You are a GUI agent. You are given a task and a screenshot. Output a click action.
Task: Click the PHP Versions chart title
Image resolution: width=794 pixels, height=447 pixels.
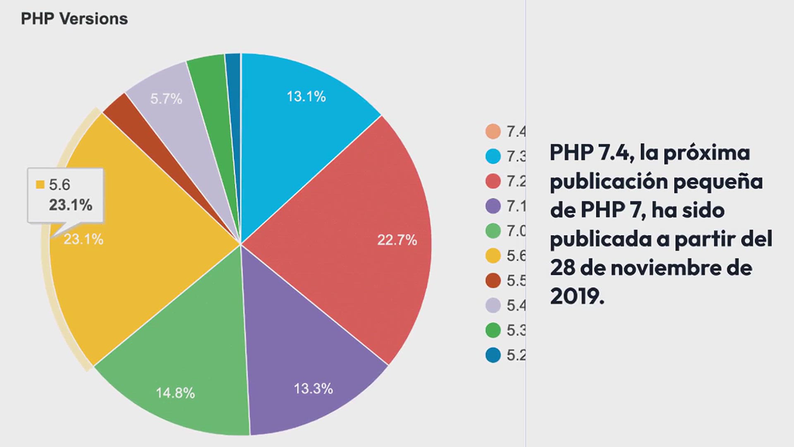pyautogui.click(x=74, y=19)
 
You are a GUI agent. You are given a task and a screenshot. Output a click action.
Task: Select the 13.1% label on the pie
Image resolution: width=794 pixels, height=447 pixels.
pyautogui.click(x=306, y=96)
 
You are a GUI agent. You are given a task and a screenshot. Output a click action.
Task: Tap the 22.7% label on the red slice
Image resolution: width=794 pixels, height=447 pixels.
pyautogui.click(x=397, y=240)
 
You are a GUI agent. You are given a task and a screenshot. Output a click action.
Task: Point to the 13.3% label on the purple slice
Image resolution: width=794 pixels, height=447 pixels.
pyautogui.click(x=313, y=389)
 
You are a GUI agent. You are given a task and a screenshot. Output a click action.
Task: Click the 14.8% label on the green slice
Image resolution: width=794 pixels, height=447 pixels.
pyautogui.click(x=175, y=393)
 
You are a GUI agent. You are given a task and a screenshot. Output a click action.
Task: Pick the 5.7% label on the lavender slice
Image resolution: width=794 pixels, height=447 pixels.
pyautogui.click(x=166, y=99)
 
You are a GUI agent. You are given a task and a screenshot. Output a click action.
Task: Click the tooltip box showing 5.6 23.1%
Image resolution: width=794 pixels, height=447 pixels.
pyautogui.click(x=65, y=195)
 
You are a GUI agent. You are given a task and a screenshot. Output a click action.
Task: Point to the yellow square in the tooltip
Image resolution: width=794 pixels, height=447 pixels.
pyautogui.click(x=40, y=185)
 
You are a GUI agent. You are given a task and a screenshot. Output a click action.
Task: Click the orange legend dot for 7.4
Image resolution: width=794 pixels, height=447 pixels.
pyautogui.click(x=493, y=131)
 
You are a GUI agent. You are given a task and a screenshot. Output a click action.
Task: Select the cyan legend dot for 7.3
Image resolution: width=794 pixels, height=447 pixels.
pyautogui.click(x=493, y=156)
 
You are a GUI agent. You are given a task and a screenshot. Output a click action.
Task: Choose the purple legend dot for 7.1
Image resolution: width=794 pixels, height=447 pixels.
pyautogui.click(x=493, y=206)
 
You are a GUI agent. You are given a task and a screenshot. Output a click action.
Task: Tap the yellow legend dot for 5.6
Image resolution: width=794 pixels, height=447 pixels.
pyautogui.click(x=493, y=255)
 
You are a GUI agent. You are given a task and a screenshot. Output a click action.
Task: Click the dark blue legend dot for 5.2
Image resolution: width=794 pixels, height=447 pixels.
pyautogui.click(x=493, y=355)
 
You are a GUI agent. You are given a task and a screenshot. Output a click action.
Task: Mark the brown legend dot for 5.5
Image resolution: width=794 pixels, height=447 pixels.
pyautogui.click(x=493, y=280)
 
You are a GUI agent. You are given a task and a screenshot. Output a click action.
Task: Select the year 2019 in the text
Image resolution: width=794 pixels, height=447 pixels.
pyautogui.click(x=576, y=296)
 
